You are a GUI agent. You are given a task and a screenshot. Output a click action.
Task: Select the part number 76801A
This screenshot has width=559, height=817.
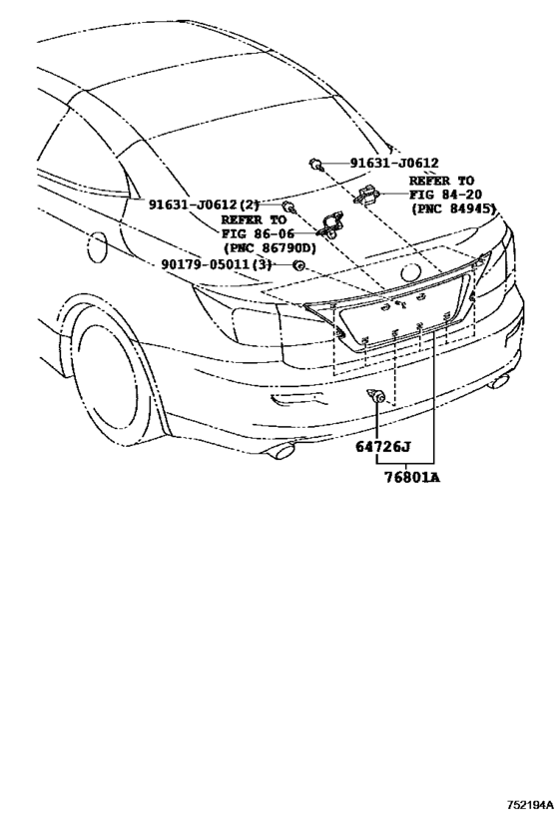(x=410, y=477)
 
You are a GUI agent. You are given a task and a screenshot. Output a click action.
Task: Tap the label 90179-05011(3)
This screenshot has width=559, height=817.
(x=216, y=264)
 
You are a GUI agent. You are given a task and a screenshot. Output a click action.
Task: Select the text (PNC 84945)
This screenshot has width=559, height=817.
(x=453, y=209)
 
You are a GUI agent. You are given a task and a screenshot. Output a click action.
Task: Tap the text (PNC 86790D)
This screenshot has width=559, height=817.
(x=270, y=247)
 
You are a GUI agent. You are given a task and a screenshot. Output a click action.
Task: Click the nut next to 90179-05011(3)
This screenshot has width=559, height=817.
(x=297, y=265)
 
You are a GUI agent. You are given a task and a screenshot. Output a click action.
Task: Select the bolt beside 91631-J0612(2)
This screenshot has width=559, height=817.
(x=287, y=206)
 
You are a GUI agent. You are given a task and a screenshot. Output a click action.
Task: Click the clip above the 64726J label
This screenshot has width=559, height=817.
(x=377, y=397)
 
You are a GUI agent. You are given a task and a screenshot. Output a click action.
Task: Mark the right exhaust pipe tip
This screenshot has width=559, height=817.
(x=498, y=381)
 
